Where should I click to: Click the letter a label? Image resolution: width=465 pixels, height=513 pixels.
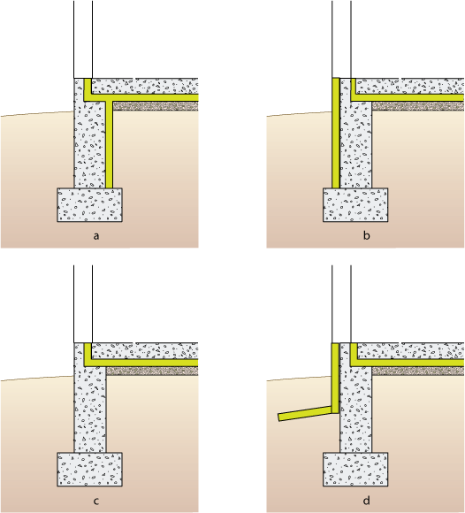click(x=95, y=236)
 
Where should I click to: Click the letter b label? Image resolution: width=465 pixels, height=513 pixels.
click(x=366, y=235)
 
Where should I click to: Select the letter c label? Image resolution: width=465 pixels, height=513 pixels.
click(x=96, y=502)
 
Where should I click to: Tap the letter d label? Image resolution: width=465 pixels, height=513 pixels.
click(x=366, y=501)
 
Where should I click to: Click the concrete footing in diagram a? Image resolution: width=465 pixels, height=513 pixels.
click(x=90, y=205)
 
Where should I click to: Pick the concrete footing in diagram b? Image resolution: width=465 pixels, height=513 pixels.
click(x=355, y=205)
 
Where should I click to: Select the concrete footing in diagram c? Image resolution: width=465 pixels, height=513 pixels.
click(x=90, y=470)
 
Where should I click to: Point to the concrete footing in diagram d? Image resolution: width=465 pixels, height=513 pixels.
click(x=355, y=470)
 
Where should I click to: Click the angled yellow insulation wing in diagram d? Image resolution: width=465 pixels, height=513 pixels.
click(x=304, y=413)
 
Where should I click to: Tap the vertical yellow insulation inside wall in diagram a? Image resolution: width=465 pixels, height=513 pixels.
click(x=109, y=144)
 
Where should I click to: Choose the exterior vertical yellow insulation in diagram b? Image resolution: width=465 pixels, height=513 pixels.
click(x=336, y=133)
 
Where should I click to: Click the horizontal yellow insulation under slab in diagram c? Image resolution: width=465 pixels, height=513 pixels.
click(x=144, y=363)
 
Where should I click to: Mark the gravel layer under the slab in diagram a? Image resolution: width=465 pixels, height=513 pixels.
click(x=156, y=105)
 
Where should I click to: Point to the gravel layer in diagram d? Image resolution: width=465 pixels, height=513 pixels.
click(x=418, y=371)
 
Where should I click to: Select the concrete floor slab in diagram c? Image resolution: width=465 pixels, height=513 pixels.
click(x=145, y=351)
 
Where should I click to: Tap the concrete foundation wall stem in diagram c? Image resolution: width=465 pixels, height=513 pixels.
click(x=90, y=409)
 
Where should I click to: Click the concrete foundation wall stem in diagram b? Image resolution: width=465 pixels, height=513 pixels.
click(x=355, y=144)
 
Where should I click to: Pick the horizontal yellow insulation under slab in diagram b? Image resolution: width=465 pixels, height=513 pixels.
click(x=408, y=97)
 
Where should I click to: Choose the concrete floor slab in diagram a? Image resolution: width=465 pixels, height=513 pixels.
click(x=145, y=87)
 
